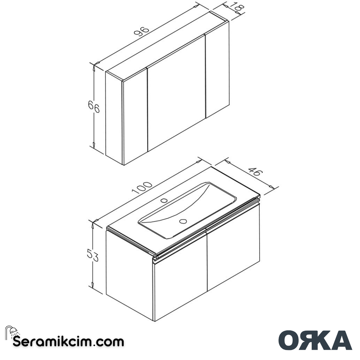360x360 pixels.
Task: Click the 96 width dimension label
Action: (x=141, y=31)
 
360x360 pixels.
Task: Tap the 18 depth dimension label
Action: (x=237, y=8)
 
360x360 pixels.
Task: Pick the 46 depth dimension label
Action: (x=254, y=172)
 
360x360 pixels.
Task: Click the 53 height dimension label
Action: (x=93, y=256)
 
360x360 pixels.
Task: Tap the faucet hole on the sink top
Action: (x=164, y=200)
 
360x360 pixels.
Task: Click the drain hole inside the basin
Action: (x=183, y=221)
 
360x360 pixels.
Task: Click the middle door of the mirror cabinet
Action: (x=176, y=93)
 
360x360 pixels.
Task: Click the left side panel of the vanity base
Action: (x=129, y=273)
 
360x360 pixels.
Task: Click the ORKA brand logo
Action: (x=315, y=340)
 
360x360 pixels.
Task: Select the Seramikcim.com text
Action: (x=68, y=342)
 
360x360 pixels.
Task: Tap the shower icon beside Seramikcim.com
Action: (x=12, y=332)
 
